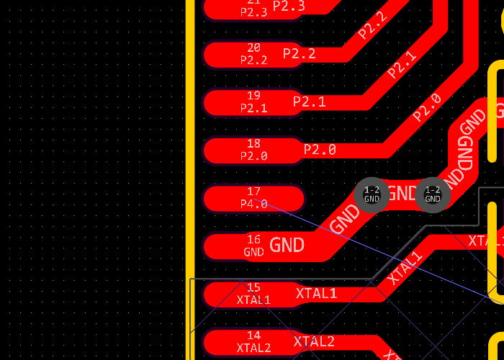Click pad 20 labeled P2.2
[253, 54]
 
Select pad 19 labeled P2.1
[253, 102]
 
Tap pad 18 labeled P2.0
[253, 150]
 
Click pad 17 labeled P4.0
[253, 198]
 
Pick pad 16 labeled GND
[253, 246]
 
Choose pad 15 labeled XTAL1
[253, 294]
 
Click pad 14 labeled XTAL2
[253, 342]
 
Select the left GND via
[372, 194]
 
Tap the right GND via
[433, 194]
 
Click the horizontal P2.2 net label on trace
[299, 54]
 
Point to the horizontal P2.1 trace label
[309, 102]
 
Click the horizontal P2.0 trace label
[320, 150]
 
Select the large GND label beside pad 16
[287, 246]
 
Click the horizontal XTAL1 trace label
[316, 294]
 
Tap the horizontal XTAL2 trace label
[314, 341]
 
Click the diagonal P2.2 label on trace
[372, 26]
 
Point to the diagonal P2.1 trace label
[402, 65]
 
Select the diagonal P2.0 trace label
[427, 107]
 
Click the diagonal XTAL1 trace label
[405, 268]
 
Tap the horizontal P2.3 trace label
[289, 6]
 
